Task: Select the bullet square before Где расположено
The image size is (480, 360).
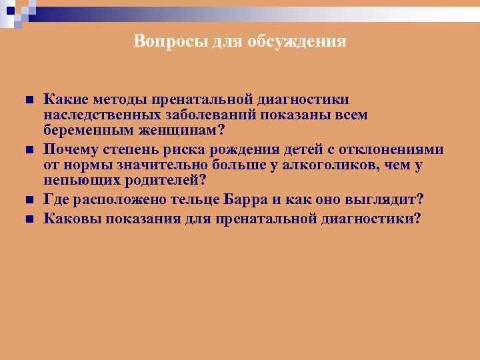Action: [x=29, y=200]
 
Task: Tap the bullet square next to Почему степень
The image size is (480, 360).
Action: [x=29, y=149]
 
